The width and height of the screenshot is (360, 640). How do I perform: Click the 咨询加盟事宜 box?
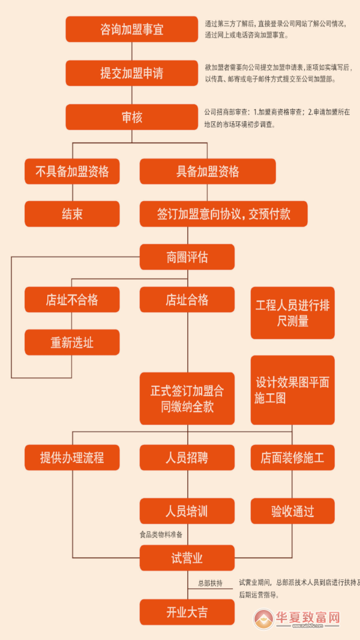pyautogui.click(x=131, y=29)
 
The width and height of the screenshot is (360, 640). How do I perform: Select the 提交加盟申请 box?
pyautogui.click(x=131, y=73)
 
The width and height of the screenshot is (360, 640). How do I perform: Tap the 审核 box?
pyautogui.click(x=131, y=117)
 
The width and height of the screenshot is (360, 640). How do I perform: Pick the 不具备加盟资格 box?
pyautogui.click(x=72, y=171)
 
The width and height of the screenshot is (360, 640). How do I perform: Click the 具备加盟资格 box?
pyautogui.click(x=208, y=171)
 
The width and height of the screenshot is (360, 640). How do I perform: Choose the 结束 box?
pyautogui.click(x=72, y=214)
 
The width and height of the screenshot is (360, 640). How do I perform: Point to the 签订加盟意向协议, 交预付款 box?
pyautogui.click(x=223, y=214)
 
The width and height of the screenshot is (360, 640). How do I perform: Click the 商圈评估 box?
pyautogui.click(x=187, y=257)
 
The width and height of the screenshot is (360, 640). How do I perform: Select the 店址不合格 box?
pyautogui.click(x=72, y=300)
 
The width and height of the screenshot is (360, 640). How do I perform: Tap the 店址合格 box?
pyautogui.click(x=187, y=300)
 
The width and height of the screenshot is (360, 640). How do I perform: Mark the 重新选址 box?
pyautogui.click(x=72, y=342)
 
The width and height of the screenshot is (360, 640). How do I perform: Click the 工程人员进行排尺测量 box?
pyautogui.click(x=292, y=313)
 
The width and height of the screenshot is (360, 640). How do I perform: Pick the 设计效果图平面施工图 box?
pyautogui.click(x=292, y=390)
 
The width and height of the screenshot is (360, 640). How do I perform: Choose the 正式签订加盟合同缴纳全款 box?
pyautogui.click(x=187, y=398)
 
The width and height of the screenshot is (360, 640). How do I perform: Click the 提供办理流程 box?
pyautogui.click(x=72, y=457)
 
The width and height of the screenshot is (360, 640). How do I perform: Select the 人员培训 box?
pyautogui.click(x=187, y=511)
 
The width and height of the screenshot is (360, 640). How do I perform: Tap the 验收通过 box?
pyautogui.click(x=292, y=511)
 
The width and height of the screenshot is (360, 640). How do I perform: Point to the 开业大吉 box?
pyautogui.click(x=187, y=612)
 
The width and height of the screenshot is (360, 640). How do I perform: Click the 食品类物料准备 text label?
pyautogui.click(x=161, y=534)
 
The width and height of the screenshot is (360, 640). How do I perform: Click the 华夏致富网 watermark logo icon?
pyautogui.click(x=265, y=619)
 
